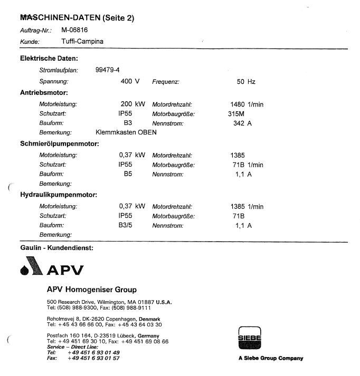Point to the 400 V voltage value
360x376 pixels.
pos(130,82)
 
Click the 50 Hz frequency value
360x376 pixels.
pos(246,82)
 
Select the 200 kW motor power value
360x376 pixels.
pos(132,104)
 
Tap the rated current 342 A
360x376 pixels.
pos(242,123)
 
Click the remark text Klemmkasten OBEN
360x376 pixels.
pos(126,132)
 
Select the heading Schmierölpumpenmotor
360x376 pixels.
pos(60,143)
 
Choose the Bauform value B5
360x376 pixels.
pos(128,174)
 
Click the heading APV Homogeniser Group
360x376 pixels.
pos(91,290)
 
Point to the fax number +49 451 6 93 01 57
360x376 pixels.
pos(93,358)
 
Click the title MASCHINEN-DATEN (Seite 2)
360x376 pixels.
pos(77,18)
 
